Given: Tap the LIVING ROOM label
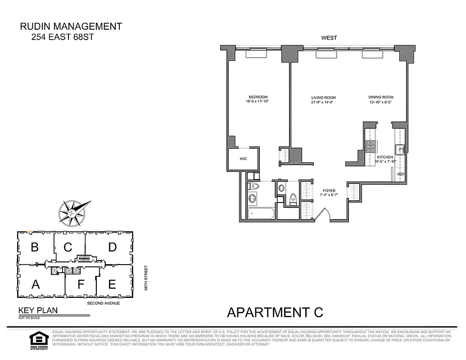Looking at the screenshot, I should (x=323, y=98).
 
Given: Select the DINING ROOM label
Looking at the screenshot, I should (x=381, y=97).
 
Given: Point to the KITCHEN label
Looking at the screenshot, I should (x=385, y=157).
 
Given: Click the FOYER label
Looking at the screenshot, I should (x=329, y=191).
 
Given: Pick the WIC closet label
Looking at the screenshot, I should (x=243, y=159).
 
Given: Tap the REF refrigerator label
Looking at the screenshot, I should (x=400, y=174).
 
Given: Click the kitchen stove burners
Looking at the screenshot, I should (x=370, y=146).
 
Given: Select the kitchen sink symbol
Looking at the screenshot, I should (x=399, y=149).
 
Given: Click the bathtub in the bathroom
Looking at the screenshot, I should (x=261, y=213).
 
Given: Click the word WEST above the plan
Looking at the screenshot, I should (x=329, y=38).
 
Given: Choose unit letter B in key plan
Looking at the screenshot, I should (x=34, y=247).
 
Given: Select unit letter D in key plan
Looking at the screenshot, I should (x=112, y=247).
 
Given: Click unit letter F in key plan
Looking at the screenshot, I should (x=81, y=284).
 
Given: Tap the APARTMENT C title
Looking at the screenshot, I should (x=275, y=312).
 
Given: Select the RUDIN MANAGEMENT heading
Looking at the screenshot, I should (x=71, y=27).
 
